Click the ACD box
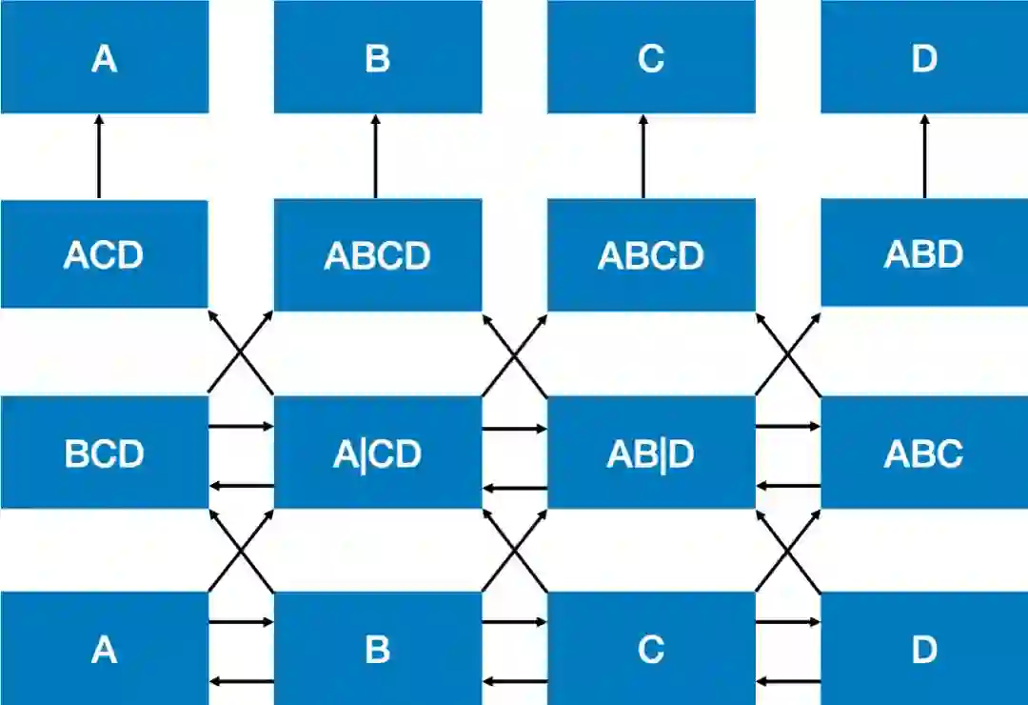(x=104, y=254)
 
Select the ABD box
(x=924, y=253)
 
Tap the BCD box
(x=104, y=453)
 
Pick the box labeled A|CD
(x=378, y=453)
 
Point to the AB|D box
(x=651, y=453)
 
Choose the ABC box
(x=924, y=453)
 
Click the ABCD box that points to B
(x=378, y=254)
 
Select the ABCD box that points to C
(x=651, y=254)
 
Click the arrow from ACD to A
(x=98, y=156)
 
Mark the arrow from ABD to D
(x=924, y=156)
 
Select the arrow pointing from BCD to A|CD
(x=241, y=427)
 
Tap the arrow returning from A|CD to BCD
(x=241, y=487)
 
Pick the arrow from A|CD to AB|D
(x=514, y=429)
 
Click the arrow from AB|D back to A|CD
(x=514, y=489)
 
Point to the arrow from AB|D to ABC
(x=787, y=427)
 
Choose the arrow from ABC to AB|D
(x=787, y=487)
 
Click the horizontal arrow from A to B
(x=241, y=623)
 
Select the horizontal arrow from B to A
(x=241, y=680)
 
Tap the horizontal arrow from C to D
(x=787, y=623)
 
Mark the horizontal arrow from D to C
(x=787, y=680)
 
